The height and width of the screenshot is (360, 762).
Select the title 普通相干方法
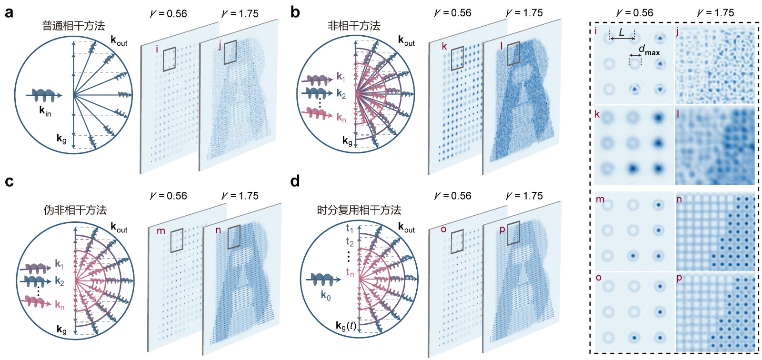[x=73, y=26]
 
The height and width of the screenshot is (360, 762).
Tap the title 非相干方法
[x=354, y=26]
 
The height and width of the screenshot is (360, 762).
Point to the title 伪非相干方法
[x=75, y=210]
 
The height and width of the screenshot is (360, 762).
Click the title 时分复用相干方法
[x=359, y=210]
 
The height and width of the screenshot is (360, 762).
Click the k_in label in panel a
[x=45, y=111]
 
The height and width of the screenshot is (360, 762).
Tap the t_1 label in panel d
[x=350, y=228]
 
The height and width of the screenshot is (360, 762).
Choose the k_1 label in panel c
[x=59, y=264]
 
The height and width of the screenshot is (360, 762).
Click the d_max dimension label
[x=649, y=50]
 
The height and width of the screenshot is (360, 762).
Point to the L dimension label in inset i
[x=622, y=33]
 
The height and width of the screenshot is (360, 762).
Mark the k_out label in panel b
[x=407, y=40]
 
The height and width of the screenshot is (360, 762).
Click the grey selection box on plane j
[x=230, y=52]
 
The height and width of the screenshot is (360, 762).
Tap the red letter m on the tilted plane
[x=160, y=231]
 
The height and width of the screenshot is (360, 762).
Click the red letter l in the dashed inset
[x=678, y=114]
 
